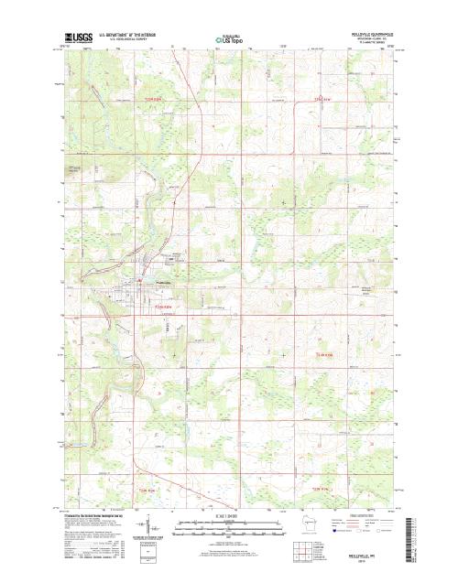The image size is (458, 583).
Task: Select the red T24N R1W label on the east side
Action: coord(328,352)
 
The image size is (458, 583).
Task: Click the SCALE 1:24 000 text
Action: coord(228,515)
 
